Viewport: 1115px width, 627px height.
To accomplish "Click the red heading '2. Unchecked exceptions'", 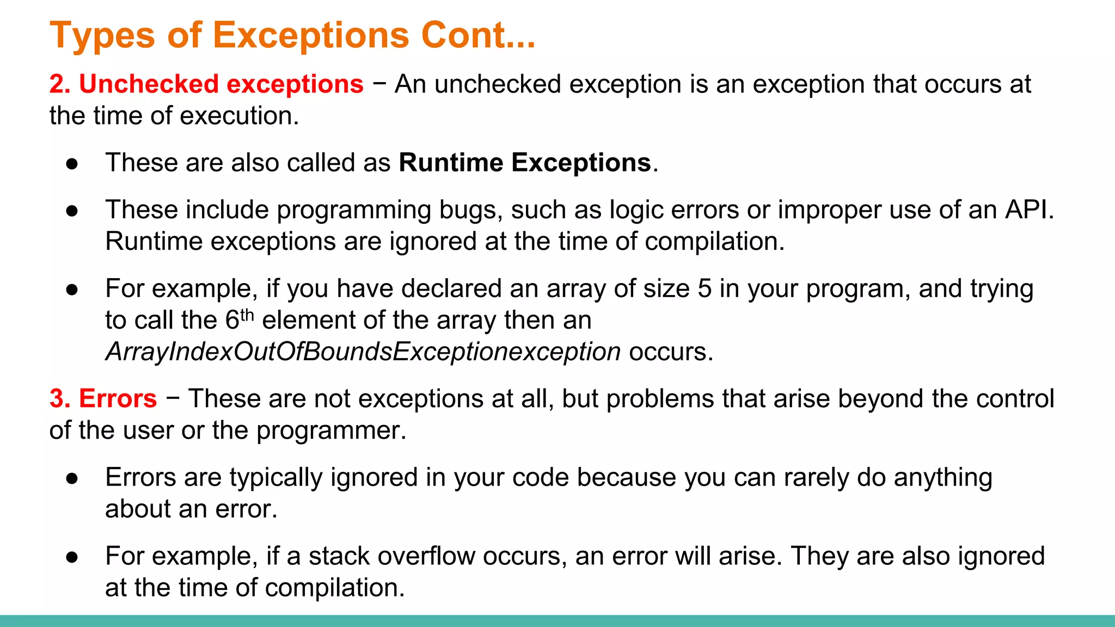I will coord(206,84).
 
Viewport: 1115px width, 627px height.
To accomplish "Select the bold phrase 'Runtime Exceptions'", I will coord(525,163).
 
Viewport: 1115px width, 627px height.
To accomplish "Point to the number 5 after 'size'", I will coord(704,288).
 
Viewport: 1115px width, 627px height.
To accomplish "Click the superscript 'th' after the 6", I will coord(247,315).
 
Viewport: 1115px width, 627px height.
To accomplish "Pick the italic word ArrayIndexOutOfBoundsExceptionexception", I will coord(363,352).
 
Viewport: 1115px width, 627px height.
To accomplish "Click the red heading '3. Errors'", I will coord(103,399).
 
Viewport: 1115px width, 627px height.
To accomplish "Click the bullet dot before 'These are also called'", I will coord(72,164).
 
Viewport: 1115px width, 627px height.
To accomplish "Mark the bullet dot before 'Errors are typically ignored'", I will coord(72,478).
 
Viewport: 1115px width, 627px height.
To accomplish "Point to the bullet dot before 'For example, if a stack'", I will coord(72,557).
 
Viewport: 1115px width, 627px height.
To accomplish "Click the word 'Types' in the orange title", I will coord(102,35).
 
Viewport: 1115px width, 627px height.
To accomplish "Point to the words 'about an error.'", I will coord(191,509).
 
